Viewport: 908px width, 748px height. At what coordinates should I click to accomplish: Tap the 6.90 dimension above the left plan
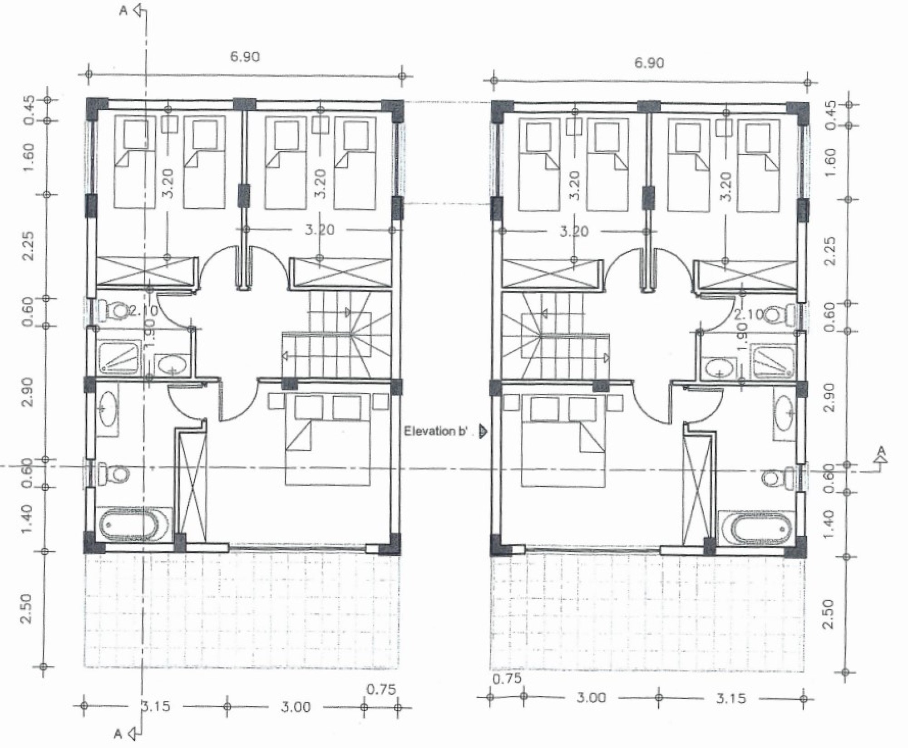coord(245,57)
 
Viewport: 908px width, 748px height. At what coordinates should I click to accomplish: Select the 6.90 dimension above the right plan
coord(649,63)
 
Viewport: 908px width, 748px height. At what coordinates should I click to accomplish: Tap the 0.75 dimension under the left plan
coord(381,689)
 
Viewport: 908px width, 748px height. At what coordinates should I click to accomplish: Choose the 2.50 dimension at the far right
coord(828,614)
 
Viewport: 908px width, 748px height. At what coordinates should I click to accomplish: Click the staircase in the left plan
coord(336,335)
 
